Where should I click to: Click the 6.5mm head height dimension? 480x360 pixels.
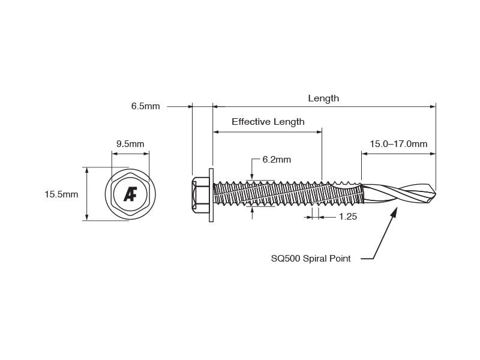145,106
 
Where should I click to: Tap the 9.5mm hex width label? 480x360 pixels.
130,144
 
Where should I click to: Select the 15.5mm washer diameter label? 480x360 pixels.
61,194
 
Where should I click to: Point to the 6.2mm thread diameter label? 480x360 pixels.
277,160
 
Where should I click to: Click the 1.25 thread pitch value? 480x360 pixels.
348,217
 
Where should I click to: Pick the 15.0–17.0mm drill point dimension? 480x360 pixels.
398,144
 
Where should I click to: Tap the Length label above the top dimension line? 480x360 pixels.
323,98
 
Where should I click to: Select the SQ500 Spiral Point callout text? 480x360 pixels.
311,259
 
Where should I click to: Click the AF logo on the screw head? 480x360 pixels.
130,194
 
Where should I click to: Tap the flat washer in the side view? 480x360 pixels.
211,194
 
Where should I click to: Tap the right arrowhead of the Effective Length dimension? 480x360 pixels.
319,132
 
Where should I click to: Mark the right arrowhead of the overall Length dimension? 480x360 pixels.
433,107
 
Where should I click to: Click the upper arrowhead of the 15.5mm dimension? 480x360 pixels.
87,170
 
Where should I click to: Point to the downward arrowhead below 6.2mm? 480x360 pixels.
252,176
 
